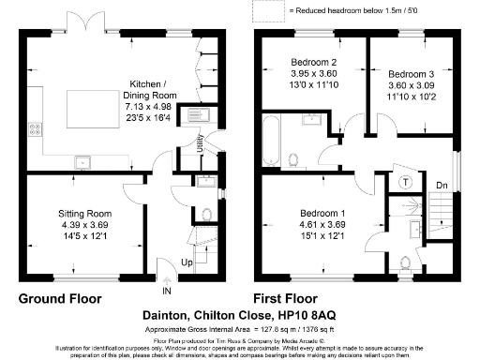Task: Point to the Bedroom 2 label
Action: [x=313, y=64]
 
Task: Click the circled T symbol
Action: [x=406, y=181]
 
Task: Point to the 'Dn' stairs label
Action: [x=442, y=185]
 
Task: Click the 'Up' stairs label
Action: [x=187, y=262]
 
